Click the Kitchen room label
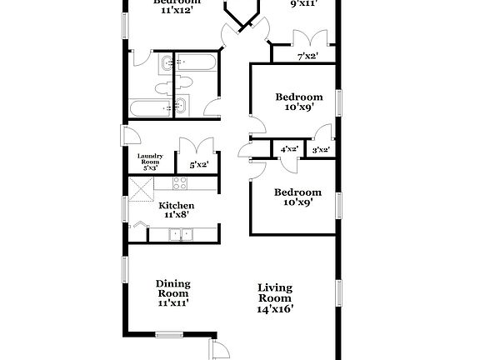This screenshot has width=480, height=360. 177,205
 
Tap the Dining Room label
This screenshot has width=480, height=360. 173,288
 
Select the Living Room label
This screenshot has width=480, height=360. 274,292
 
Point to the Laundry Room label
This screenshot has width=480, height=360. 155,158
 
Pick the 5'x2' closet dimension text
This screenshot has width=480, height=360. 198,165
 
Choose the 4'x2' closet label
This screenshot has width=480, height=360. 289,150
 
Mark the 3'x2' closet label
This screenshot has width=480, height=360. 319,150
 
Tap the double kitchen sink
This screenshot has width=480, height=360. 179,235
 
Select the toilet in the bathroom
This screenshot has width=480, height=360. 182,82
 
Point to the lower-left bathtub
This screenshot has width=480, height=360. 149,107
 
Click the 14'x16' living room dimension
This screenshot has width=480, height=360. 274,308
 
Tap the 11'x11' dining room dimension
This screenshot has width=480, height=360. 173,302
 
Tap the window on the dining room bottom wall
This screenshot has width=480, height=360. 169,335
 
